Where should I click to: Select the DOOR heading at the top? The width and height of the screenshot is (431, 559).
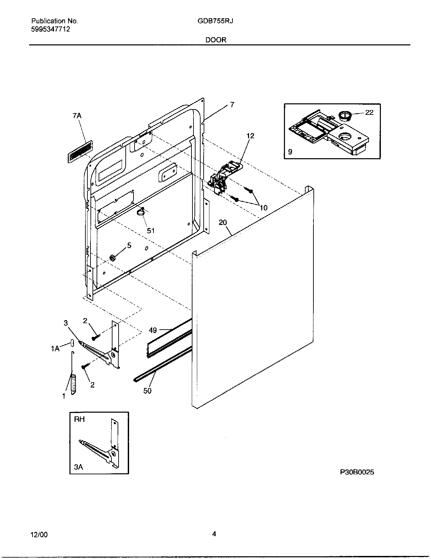point(215,40)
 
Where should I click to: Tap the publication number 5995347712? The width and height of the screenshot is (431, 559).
point(50,29)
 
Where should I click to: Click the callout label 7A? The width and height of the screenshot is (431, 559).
point(77,116)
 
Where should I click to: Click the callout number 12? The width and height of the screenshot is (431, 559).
point(250,136)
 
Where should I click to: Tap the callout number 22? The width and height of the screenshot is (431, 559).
point(369,112)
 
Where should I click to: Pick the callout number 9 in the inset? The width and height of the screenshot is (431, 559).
point(290,152)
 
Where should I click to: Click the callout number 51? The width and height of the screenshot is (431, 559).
point(151,231)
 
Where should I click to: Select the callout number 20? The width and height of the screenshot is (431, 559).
point(223,222)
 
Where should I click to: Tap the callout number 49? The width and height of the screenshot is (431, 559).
point(153,330)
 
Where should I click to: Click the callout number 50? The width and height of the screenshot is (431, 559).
point(147,391)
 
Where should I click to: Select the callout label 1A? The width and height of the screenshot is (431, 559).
point(55,348)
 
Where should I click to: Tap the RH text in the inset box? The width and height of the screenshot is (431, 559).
point(79,419)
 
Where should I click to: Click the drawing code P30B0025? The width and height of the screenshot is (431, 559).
point(357,472)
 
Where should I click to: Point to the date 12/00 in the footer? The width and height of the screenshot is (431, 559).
point(39,535)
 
